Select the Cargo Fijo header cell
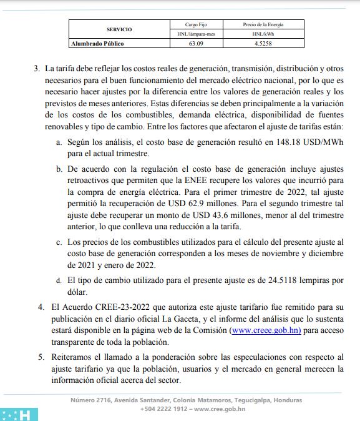[x=192, y=24]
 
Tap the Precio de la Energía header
[x=258, y=24]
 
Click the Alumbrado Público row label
[x=97, y=44]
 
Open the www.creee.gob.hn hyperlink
[x=266, y=329]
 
